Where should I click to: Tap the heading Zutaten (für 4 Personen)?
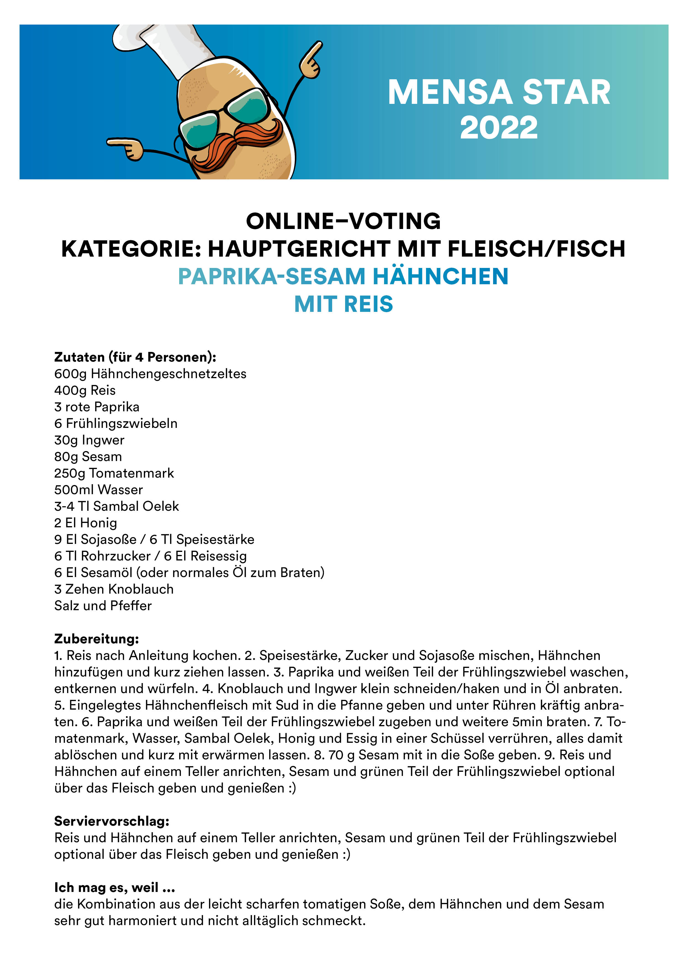(x=135, y=357)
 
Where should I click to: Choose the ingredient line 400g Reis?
(x=85, y=390)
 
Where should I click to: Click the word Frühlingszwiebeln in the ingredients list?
(x=121, y=423)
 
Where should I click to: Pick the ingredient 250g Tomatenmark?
(x=114, y=473)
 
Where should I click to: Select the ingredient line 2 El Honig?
(x=86, y=523)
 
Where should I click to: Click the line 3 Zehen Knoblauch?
(x=114, y=589)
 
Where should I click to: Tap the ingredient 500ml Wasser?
(x=98, y=489)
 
